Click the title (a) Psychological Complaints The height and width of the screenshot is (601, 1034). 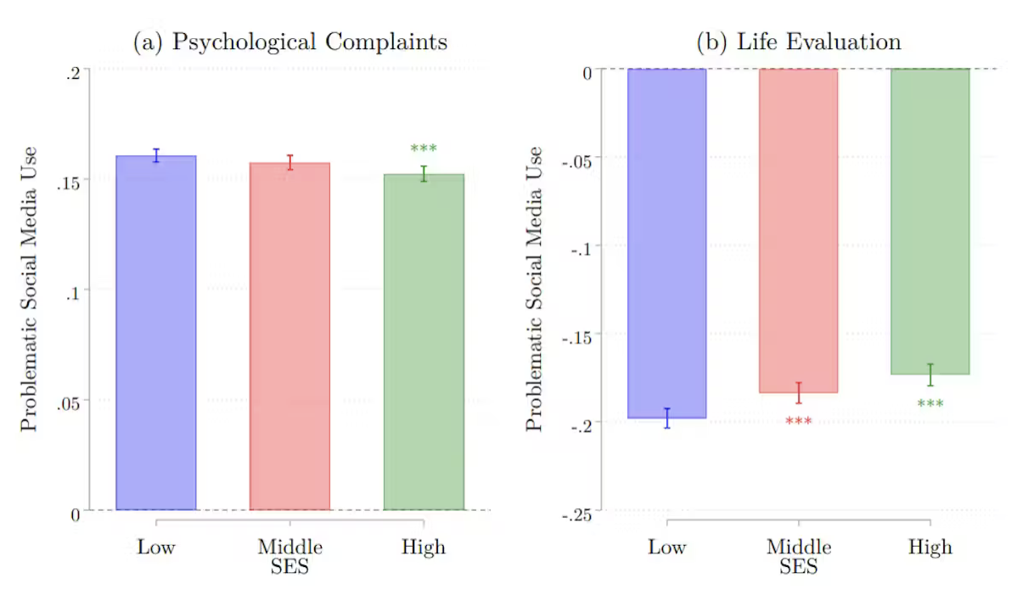coord(290,42)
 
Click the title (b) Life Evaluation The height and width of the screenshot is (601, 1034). coord(799,42)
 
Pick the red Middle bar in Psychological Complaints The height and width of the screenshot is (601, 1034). coord(289,336)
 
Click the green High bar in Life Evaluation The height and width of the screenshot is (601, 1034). coord(930,222)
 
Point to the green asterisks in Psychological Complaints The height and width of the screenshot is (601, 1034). coord(424,150)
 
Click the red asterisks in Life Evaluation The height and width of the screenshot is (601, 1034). coord(799,422)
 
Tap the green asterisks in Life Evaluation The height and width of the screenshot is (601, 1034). coord(930,404)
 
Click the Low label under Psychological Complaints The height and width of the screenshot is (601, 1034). coord(156,547)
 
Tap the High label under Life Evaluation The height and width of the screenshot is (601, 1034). coord(930,547)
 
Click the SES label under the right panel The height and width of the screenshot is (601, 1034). coord(799,566)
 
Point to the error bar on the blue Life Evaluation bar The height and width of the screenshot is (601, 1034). coord(666,418)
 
